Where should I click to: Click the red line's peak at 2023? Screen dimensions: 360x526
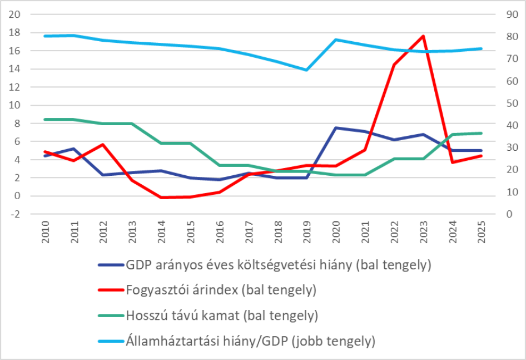point(424,36)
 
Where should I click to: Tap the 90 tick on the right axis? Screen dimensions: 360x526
point(512,14)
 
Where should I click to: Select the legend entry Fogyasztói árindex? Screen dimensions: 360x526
point(221,290)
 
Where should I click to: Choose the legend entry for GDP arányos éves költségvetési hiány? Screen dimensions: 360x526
point(279,265)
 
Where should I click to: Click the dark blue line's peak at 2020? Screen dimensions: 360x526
point(336,128)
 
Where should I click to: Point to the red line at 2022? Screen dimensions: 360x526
point(394,65)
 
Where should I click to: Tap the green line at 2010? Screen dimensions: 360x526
point(45,119)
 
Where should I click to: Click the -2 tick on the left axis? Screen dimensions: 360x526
point(16,214)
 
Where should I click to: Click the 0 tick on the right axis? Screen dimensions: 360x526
point(509,214)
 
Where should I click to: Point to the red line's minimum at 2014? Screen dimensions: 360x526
point(161,198)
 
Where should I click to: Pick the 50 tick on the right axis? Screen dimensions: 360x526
point(512,103)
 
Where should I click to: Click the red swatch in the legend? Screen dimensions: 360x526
point(110,290)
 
